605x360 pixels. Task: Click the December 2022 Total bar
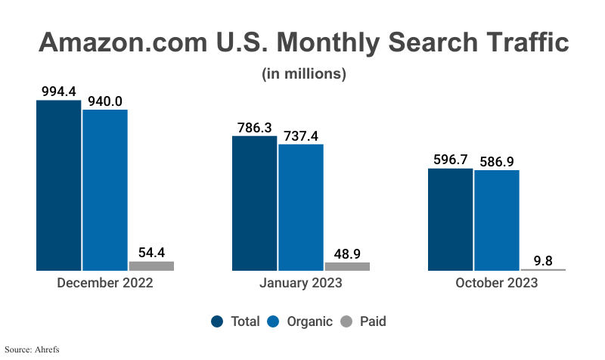click(x=58, y=185)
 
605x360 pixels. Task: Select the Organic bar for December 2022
click(x=105, y=190)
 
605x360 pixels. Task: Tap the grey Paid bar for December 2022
click(x=151, y=265)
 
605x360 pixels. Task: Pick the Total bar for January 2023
click(x=254, y=203)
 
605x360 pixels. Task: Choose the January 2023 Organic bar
click(x=301, y=207)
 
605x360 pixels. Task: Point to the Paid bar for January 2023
click(x=347, y=266)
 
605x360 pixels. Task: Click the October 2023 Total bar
click(x=451, y=219)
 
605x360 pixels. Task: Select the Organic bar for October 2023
click(x=497, y=220)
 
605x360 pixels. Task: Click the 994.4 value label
click(x=58, y=92)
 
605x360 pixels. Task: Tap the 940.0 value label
click(x=105, y=101)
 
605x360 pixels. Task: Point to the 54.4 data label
click(x=151, y=252)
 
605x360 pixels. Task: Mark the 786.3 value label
click(x=254, y=128)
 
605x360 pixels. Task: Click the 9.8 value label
click(x=543, y=260)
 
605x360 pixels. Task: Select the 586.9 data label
click(x=497, y=161)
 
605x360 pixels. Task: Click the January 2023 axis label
click(x=301, y=284)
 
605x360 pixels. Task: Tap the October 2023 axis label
click(x=497, y=284)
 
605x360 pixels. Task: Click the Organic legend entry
click(x=300, y=321)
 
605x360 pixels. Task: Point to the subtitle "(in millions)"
click(x=303, y=74)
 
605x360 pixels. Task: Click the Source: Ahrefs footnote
click(x=31, y=349)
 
